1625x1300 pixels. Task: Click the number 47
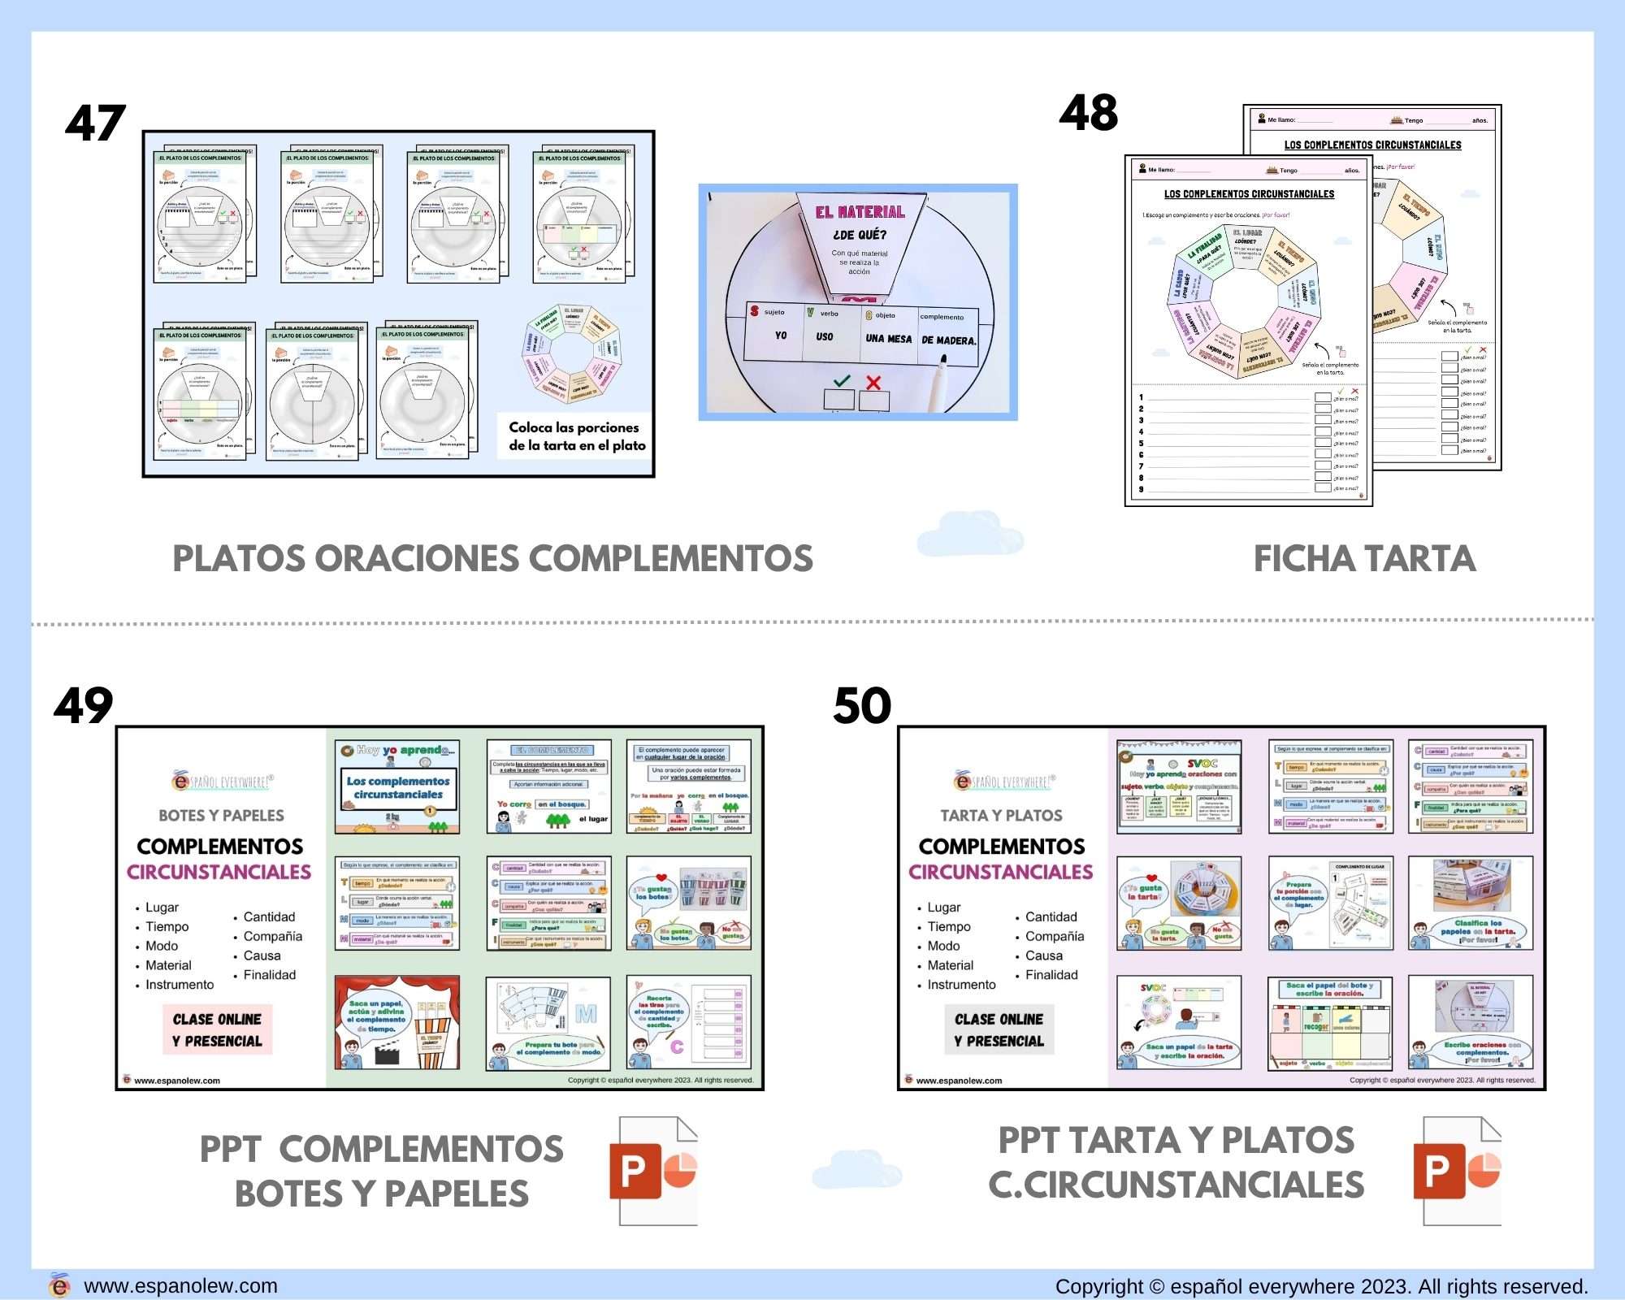click(x=95, y=123)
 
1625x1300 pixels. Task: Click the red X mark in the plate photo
click(x=873, y=382)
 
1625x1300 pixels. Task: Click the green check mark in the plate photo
click(x=842, y=380)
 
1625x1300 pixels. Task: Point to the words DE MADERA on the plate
click(x=948, y=340)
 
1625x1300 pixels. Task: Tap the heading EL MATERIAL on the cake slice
click(x=860, y=212)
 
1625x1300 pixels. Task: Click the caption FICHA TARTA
click(x=1364, y=559)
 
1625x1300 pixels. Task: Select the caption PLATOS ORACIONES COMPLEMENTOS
click(x=492, y=559)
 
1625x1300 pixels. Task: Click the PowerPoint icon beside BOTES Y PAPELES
click(x=653, y=1171)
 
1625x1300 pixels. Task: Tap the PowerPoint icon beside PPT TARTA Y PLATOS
click(x=1458, y=1171)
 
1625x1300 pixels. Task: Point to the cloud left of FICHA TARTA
click(x=970, y=533)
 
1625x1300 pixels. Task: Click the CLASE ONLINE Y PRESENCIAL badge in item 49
click(x=217, y=1029)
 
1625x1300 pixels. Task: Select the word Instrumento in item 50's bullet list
click(x=961, y=985)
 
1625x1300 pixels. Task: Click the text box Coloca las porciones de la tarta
click(x=577, y=436)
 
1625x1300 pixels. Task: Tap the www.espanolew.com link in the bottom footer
click(x=180, y=1286)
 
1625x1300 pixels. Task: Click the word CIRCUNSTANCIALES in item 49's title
click(x=219, y=872)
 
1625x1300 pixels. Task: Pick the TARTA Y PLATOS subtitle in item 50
click(x=1001, y=816)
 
